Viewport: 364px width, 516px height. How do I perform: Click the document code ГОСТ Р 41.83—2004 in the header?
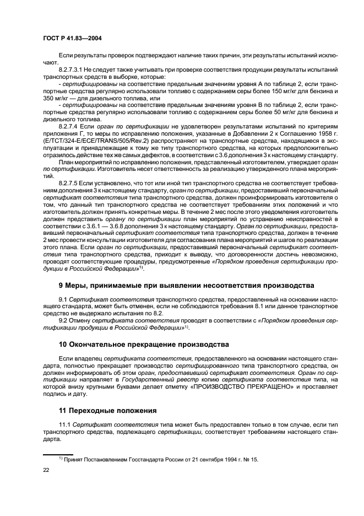[x=71, y=39]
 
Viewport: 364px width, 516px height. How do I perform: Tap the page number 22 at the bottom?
[x=47, y=470]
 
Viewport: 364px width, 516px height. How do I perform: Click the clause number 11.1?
[x=64, y=425]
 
